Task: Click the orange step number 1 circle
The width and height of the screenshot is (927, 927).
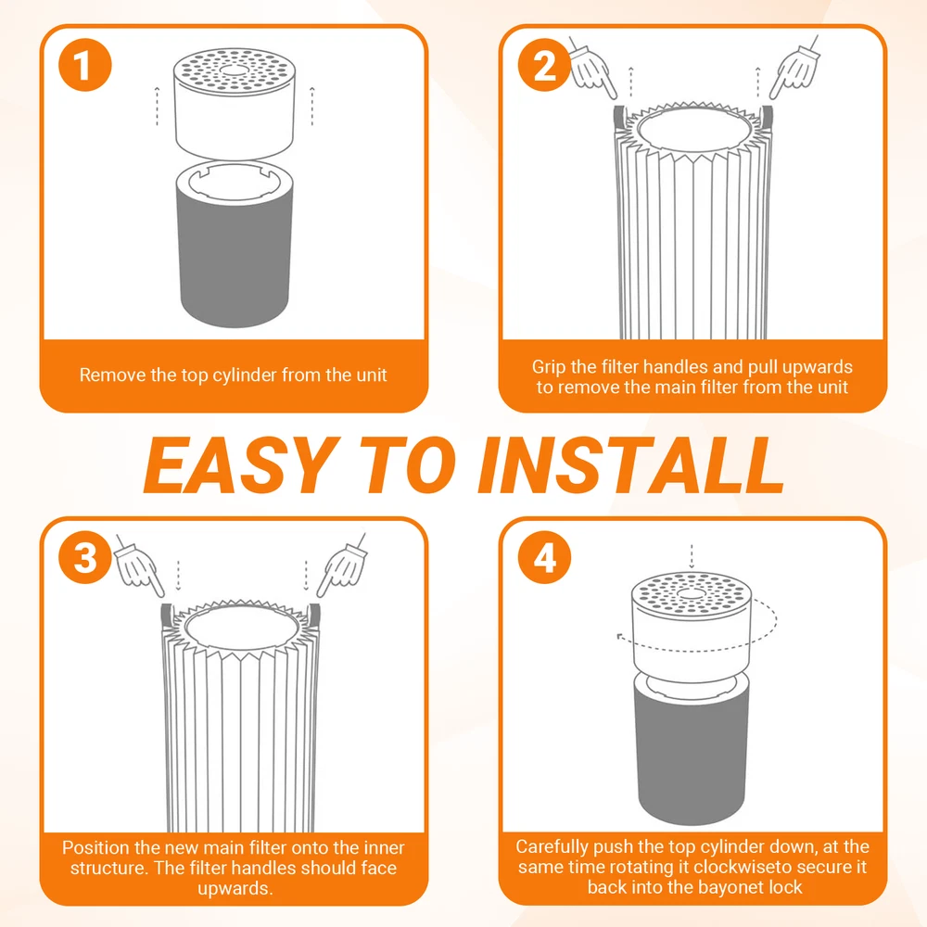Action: pos(84,65)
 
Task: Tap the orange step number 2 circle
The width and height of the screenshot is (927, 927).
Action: pos(544,65)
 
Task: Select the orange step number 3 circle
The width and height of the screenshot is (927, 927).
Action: pos(84,557)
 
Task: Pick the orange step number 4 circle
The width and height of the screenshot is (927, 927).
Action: pos(544,557)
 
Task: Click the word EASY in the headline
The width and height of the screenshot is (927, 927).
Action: pos(242,465)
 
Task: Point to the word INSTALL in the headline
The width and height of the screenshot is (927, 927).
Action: pos(631,465)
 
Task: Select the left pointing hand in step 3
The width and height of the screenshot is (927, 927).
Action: pos(140,565)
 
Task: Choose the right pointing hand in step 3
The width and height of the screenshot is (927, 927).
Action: pos(342,565)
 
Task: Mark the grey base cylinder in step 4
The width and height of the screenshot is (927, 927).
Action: pos(692,751)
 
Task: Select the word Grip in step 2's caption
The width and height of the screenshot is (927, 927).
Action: pos(548,367)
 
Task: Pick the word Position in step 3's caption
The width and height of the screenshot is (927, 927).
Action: pos(95,847)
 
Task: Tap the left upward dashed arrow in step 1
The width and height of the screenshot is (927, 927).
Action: pos(157,107)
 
